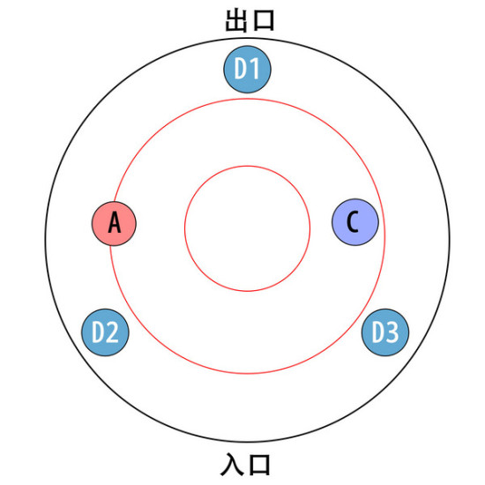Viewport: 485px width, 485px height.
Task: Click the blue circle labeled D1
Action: pyautogui.click(x=247, y=70)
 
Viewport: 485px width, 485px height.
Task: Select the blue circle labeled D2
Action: pyautogui.click(x=105, y=332)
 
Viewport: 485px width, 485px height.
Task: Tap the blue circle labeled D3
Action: pyautogui.click(x=385, y=332)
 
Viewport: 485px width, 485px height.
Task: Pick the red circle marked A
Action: pyautogui.click(x=114, y=224)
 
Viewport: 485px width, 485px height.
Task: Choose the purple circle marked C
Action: pyautogui.click(x=355, y=222)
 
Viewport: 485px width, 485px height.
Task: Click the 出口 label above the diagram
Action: pyautogui.click(x=250, y=20)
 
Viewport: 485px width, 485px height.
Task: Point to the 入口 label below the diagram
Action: pyautogui.click(x=246, y=464)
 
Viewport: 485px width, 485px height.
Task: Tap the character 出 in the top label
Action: pyautogui.click(x=236, y=20)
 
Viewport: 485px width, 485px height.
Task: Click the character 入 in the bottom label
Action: pyautogui.click(x=232, y=464)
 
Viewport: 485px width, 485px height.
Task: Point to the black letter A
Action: pyautogui.click(x=115, y=222)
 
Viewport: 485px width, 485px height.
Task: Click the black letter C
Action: pyautogui.click(x=353, y=221)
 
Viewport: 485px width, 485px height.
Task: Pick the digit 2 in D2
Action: pyautogui.click(x=113, y=332)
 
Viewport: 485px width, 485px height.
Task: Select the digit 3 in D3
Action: pyautogui.click(x=392, y=332)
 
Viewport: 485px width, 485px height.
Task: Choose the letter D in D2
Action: pyautogui.click(x=99, y=332)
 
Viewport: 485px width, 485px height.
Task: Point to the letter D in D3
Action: pyautogui.click(x=378, y=332)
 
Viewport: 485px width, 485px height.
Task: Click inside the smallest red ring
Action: pyautogui.click(x=247, y=228)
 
